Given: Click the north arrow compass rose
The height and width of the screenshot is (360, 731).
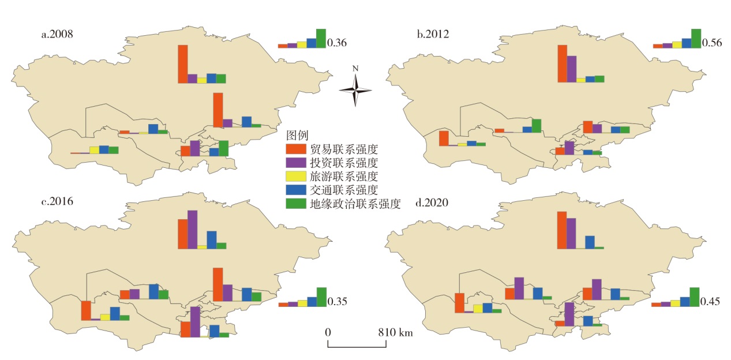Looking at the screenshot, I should (x=355, y=88).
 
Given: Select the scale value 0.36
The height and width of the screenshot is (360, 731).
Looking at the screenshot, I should (x=336, y=43).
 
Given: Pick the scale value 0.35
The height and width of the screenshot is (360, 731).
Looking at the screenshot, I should (x=336, y=301).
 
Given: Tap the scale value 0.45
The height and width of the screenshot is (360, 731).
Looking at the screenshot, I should (x=710, y=301).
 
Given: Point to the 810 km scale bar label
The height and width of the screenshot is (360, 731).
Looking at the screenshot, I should (x=395, y=333).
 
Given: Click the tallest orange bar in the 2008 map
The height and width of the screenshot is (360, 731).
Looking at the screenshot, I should (x=182, y=64).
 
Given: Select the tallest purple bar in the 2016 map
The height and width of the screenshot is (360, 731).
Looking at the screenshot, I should (x=193, y=230).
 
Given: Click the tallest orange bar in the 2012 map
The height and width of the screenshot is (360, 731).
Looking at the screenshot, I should (x=562, y=63).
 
